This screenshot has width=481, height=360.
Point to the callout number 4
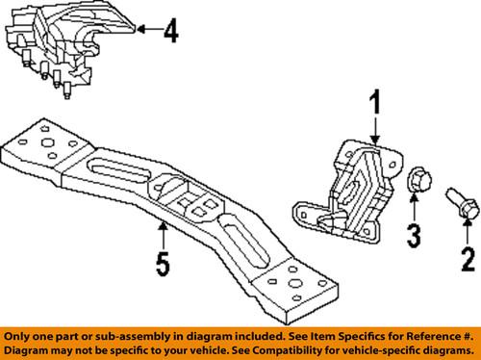click(x=171, y=32)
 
